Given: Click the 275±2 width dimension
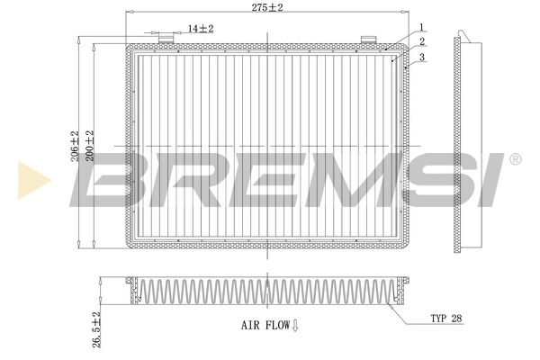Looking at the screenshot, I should pos(267,7).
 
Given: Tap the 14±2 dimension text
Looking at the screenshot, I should pos(200,29).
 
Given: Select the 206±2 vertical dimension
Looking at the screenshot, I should pos(76,144).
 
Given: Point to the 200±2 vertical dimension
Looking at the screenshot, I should pos(89,144).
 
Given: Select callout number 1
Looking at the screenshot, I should pos(419,26).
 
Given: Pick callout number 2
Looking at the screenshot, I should pos(419,41).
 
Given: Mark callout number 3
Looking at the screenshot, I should pos(419,56).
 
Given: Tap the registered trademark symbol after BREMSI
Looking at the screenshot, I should pos(514,159).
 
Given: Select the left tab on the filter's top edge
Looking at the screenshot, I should pos(166,39).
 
